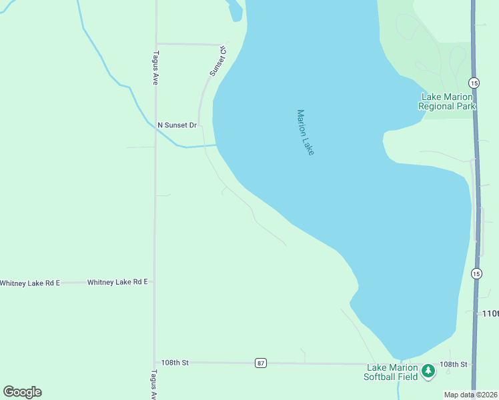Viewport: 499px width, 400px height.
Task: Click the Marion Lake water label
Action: point(305,133)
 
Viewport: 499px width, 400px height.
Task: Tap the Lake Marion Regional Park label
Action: point(447,101)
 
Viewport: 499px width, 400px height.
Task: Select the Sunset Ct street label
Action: point(218,61)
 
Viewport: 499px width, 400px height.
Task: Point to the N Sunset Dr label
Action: point(177,125)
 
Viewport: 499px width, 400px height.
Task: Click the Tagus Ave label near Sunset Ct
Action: point(155,68)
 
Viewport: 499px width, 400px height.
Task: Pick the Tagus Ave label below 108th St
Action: point(154,385)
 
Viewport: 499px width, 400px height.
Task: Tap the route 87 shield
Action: point(261,363)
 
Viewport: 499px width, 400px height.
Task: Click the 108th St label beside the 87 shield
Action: point(175,362)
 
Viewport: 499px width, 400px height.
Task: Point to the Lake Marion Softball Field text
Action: point(391,372)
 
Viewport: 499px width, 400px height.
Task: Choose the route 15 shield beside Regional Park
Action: point(474,83)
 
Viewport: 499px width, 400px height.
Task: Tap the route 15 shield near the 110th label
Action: point(476,273)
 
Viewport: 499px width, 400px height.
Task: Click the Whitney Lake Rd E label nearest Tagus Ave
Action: point(117,282)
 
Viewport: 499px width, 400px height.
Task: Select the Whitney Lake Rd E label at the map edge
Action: point(29,283)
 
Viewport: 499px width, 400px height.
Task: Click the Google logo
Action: point(22,392)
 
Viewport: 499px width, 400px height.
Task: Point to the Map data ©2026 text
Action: point(470,395)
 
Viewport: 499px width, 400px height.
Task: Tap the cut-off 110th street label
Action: point(490,313)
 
